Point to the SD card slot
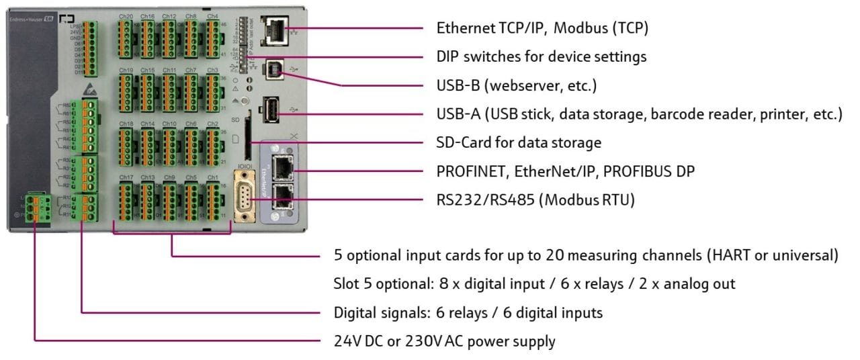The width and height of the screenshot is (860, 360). [x=249, y=142]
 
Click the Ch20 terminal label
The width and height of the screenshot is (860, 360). [x=126, y=15]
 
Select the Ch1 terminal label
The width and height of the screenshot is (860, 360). [x=212, y=177]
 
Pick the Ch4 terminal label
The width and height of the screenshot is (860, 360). [x=212, y=15]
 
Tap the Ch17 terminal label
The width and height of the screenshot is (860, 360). [x=126, y=177]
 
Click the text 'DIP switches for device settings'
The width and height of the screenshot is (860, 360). [x=542, y=56]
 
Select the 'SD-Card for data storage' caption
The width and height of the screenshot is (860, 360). [x=519, y=142]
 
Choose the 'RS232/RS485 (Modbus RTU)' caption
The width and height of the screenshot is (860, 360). [x=535, y=199]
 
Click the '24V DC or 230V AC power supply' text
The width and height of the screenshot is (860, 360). [x=444, y=341]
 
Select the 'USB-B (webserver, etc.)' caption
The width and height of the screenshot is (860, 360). [x=517, y=85]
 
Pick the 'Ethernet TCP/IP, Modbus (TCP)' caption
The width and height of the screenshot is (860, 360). [x=542, y=28]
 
